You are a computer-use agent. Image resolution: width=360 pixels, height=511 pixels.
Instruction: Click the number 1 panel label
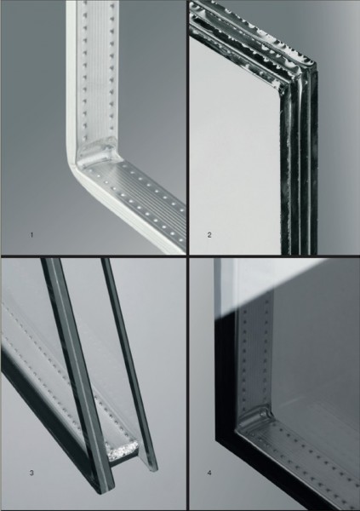pos(31,235)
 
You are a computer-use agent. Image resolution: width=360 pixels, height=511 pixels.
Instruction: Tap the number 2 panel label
pos(209,235)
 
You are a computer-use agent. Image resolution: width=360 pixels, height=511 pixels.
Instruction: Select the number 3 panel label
pos(31,473)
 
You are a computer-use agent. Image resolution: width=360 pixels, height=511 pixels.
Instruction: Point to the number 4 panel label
pos(209,473)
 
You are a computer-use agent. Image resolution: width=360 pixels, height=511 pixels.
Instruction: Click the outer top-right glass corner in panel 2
pos(316,64)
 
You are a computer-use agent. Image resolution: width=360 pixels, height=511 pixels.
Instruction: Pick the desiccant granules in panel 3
pos(123,451)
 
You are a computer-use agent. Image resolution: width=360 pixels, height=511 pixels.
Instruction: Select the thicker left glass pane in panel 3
pos(78,375)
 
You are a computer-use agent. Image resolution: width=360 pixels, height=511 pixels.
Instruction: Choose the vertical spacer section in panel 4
pos(256,352)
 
